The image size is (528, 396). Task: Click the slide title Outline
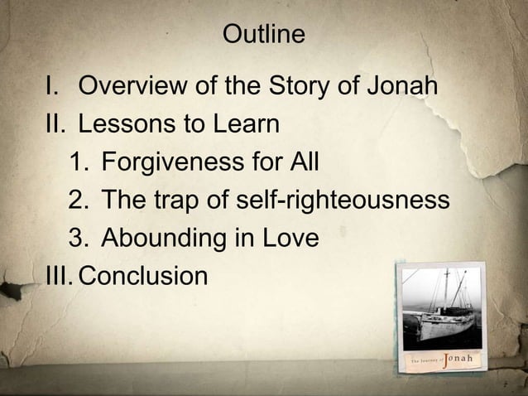click(264, 35)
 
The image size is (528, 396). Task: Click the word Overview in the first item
click(137, 86)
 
